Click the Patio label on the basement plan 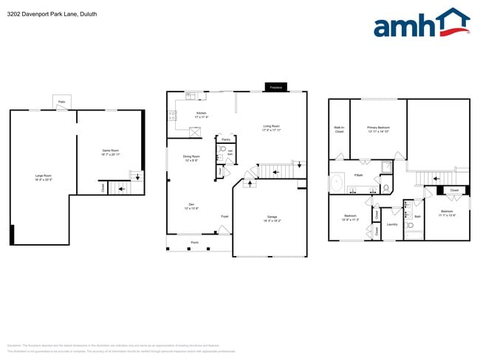61,101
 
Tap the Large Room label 43,177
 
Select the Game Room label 111,152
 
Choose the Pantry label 225,139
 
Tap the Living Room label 272,128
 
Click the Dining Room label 191,158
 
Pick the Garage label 272,218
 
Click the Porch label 195,242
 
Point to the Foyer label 224,216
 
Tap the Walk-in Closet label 340,129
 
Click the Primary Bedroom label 378,128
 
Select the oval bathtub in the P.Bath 337,181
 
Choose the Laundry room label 392,224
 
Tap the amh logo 422,24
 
